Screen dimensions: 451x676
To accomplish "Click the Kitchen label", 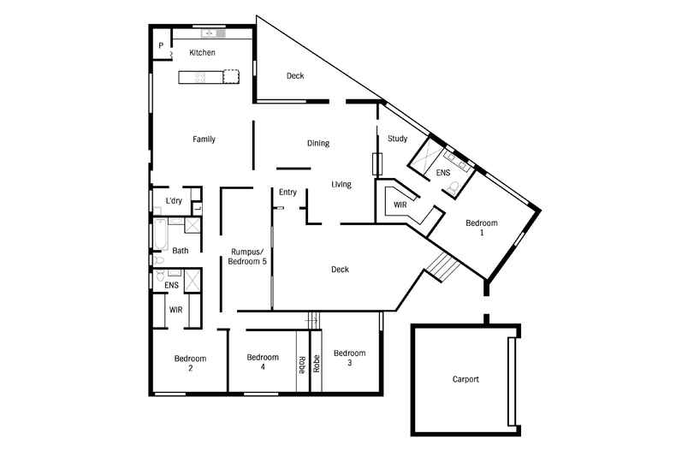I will pos(203,53).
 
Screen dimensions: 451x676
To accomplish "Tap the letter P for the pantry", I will pos(161,46).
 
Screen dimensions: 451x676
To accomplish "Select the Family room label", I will pos(204,139).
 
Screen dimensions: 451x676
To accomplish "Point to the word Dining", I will pos(317,144).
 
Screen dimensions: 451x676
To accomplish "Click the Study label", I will pos(397,139).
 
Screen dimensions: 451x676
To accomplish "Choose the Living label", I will pos(341,185).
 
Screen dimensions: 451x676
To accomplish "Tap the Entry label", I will pos(288,193).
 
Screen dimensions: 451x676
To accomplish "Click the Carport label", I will pos(465,379).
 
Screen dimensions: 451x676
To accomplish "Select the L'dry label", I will pos(174,201).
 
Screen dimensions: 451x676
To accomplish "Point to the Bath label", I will pos(181,251).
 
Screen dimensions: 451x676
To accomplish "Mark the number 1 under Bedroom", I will pos(481,233).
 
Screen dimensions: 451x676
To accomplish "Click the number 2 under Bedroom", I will pos(190,368).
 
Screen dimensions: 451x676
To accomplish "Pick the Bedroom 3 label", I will pos(349,358).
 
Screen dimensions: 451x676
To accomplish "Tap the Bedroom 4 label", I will pos(263,362).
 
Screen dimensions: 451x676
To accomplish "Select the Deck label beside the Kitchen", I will pos(295,76).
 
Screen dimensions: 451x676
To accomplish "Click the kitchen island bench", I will pos(208,77).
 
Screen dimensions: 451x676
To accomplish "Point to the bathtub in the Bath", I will pos(159,234).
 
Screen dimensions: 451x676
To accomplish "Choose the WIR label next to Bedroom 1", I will pos(400,206).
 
